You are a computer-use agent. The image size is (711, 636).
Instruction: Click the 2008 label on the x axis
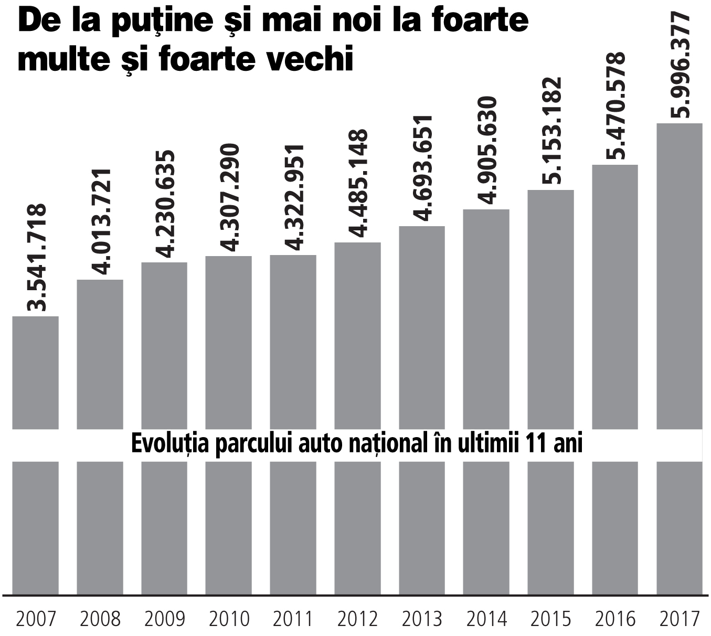(x=100, y=619)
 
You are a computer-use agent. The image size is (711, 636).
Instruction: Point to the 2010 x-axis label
(x=229, y=619)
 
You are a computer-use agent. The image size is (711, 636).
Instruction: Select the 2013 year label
(x=422, y=619)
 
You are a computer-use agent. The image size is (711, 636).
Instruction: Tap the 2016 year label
(x=615, y=619)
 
